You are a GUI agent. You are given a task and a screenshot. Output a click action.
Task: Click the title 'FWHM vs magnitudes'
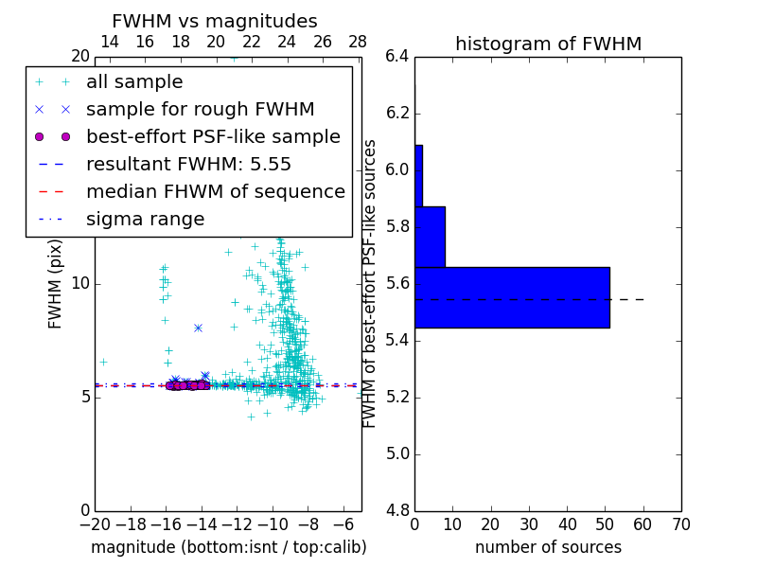click(x=215, y=21)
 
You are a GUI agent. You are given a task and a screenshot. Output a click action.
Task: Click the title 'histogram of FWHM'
click(x=548, y=44)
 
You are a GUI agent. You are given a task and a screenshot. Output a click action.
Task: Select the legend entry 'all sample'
click(x=134, y=82)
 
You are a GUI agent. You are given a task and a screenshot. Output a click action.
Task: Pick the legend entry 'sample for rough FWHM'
click(x=200, y=110)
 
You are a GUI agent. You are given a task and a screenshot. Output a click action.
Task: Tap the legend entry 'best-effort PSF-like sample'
click(x=213, y=136)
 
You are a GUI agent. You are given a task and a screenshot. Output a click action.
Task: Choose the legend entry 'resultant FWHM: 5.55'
click(x=188, y=164)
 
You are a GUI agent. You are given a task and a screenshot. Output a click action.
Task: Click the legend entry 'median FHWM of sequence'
click(x=215, y=191)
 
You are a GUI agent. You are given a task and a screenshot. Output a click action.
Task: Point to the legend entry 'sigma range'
click(x=145, y=219)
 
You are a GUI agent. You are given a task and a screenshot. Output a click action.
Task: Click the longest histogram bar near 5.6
click(x=512, y=297)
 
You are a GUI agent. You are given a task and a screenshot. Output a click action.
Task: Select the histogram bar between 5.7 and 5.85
click(x=430, y=237)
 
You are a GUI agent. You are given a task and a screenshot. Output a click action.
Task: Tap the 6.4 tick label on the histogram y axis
click(x=397, y=57)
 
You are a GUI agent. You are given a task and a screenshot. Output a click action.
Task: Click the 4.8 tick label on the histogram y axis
click(x=397, y=510)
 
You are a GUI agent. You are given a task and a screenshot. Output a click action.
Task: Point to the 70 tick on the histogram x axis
click(x=680, y=524)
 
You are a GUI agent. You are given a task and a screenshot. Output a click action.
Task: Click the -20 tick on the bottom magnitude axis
click(x=95, y=524)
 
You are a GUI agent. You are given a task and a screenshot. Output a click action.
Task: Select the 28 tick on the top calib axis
click(x=358, y=42)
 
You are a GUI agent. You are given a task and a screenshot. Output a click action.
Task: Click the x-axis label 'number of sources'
click(x=548, y=547)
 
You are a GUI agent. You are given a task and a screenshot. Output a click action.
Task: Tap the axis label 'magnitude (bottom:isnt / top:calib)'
click(x=228, y=547)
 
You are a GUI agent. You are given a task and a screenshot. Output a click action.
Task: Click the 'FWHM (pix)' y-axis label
click(x=56, y=284)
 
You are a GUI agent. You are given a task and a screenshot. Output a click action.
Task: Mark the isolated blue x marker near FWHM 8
click(x=198, y=328)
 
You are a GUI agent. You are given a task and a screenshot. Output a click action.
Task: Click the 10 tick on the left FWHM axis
click(x=80, y=284)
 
